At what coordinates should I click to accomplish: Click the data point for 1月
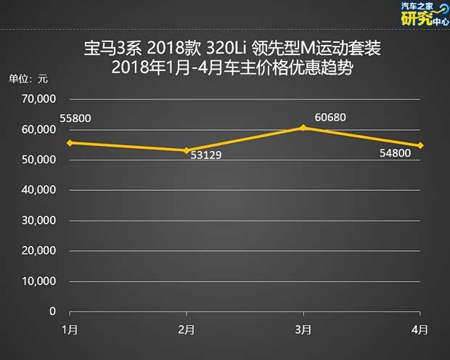pos(70,142)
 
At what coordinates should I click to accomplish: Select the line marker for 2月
pos(187,150)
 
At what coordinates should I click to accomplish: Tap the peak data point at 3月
pos(303,128)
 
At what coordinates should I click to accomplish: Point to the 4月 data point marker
pos(420,145)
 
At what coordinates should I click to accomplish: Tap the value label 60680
pos(332,117)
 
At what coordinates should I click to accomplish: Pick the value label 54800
pos(396,153)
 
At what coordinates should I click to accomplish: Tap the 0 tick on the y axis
pos(52,311)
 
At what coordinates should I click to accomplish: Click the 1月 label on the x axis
pos(70,330)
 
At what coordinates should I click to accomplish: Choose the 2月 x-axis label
pos(187,330)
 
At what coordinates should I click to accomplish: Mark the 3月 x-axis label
pos(303,330)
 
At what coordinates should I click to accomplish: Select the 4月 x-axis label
pos(420,330)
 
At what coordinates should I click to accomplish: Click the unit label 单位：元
pos(28,78)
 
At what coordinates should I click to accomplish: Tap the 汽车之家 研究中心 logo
pos(424,14)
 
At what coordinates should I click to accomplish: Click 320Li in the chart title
pos(232,51)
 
